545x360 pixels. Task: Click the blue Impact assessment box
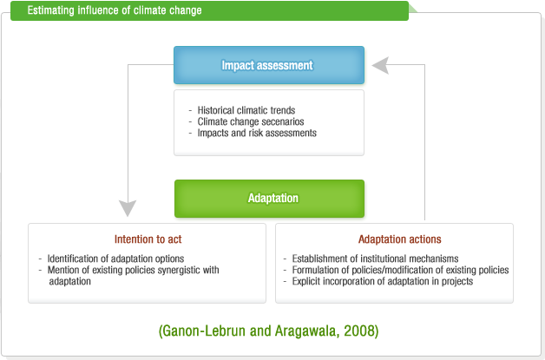point(269,65)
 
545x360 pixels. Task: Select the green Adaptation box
point(269,199)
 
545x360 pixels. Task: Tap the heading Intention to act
point(148,239)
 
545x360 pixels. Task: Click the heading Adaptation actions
point(400,239)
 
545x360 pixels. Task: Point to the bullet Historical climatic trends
point(246,110)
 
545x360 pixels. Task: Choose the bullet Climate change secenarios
point(251,121)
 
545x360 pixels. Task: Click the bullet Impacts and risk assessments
point(257,133)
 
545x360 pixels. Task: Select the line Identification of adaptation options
point(115,259)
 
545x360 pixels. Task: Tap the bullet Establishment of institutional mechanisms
point(375,259)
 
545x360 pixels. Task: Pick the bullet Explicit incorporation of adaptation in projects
point(383,281)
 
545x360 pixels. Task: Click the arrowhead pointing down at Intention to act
point(128,208)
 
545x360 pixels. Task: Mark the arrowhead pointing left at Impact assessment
point(380,65)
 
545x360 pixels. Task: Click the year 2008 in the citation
point(358,331)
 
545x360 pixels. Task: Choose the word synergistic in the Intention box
point(179,270)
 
